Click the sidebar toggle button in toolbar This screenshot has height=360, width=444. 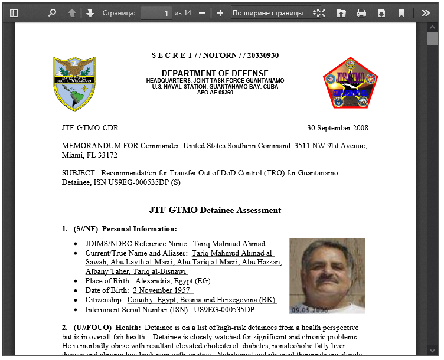(x=15, y=12)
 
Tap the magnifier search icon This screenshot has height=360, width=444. (x=52, y=12)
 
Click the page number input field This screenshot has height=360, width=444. (x=156, y=12)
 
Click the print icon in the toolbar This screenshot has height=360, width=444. (x=361, y=12)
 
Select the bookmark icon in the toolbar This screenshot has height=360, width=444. (x=401, y=12)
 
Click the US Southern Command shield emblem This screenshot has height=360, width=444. (x=74, y=84)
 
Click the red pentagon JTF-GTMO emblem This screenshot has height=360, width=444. (x=350, y=83)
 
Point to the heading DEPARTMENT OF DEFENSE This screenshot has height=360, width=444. (x=215, y=74)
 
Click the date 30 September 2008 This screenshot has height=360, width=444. (x=337, y=128)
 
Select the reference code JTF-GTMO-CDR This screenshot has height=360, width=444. (x=90, y=128)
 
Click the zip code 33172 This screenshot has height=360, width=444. (x=106, y=155)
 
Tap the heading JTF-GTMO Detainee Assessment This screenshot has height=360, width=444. (x=215, y=210)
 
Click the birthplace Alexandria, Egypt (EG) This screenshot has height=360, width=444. (x=172, y=281)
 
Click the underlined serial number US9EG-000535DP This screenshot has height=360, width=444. (x=224, y=309)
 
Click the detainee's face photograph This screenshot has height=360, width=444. (x=327, y=273)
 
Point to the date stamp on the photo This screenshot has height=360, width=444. (x=308, y=309)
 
